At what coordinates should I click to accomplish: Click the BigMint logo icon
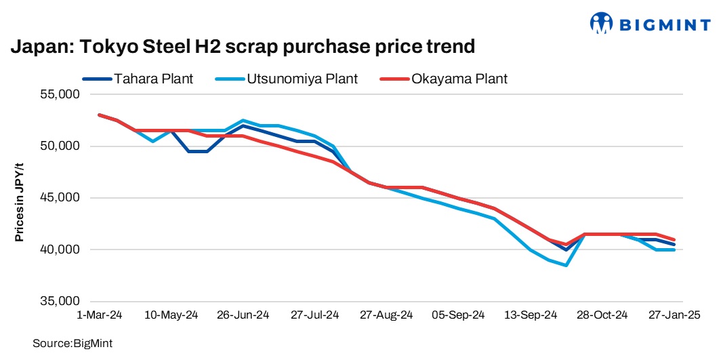coord(601,23)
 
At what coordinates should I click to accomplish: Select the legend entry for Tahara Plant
coord(138,79)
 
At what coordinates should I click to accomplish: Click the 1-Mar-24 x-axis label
coord(100,315)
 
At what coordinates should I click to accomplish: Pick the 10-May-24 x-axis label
coord(171,315)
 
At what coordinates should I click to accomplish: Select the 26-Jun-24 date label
coord(243,315)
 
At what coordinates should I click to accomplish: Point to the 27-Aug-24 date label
coord(386,315)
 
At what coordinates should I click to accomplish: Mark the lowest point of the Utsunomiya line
coord(565,265)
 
